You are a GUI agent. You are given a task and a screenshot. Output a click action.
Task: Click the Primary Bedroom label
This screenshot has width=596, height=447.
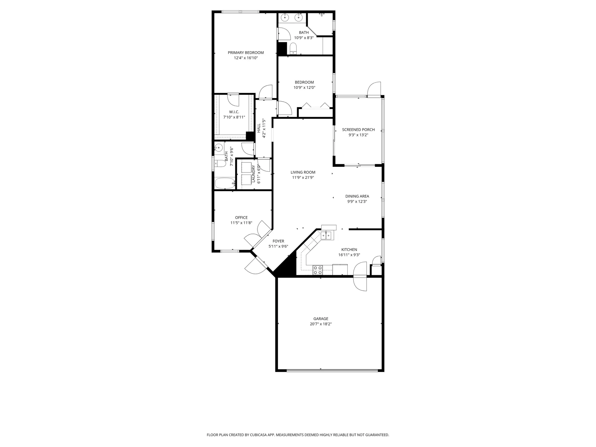(246, 53)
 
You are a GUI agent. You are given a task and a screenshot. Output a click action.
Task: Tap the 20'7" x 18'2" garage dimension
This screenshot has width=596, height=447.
(321, 324)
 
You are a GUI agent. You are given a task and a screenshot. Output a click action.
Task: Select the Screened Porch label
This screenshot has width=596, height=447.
(358, 130)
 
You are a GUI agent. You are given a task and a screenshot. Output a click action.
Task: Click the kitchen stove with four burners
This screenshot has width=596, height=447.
(318, 270)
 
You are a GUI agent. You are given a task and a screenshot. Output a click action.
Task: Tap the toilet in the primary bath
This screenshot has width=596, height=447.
(293, 48)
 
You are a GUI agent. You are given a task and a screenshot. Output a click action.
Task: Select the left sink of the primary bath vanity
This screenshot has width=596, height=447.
(285, 18)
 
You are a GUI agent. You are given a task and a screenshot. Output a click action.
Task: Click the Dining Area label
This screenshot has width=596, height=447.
(357, 196)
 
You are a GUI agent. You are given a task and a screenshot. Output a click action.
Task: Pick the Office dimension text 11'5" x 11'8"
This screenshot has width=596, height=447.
(241, 223)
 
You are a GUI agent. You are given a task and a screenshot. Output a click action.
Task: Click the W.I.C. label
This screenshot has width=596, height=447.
(234, 112)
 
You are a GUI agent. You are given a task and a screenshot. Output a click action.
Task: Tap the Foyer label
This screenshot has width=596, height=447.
(278, 241)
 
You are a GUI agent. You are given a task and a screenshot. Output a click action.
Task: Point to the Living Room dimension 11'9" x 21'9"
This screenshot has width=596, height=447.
(303, 177)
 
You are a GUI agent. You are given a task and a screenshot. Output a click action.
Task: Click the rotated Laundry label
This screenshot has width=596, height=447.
(254, 174)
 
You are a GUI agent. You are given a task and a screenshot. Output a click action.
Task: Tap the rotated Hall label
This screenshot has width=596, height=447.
(259, 128)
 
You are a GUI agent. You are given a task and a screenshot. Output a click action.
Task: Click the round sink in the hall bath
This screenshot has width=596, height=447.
(219, 147)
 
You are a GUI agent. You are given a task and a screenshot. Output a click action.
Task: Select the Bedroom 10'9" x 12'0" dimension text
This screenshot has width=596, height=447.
(304, 88)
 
